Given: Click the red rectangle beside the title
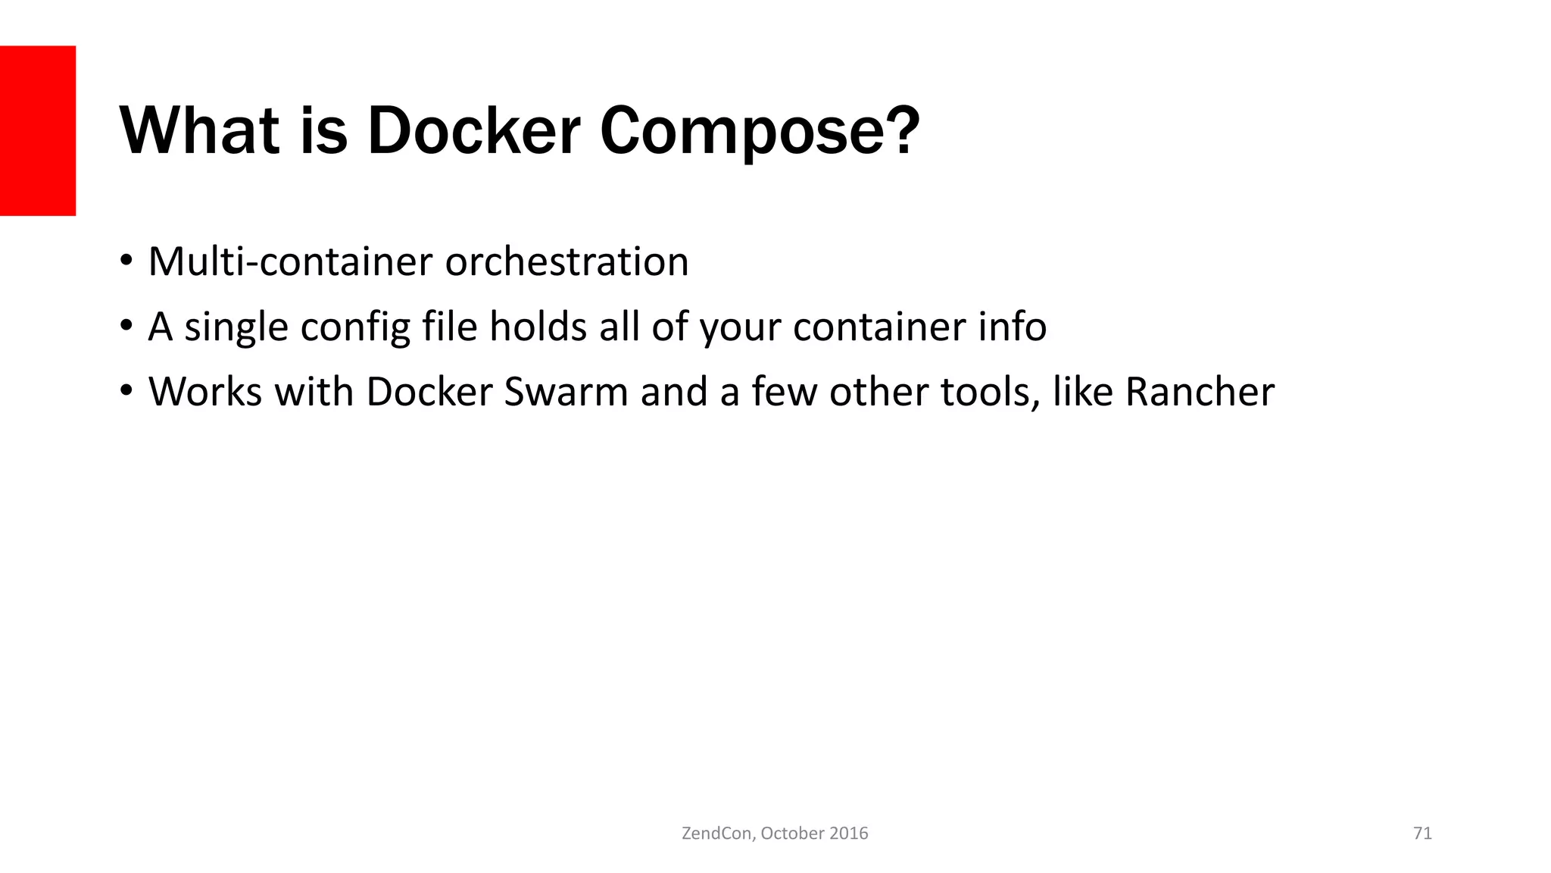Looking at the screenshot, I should coord(38,130).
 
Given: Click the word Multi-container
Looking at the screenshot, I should coord(290,261).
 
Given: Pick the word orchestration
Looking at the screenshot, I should coord(566,261).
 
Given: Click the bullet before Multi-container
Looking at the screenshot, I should coord(126,261).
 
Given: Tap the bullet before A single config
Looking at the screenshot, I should coord(126,327).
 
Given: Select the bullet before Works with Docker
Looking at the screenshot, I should coord(126,392).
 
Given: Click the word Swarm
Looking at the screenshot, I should coord(566,392).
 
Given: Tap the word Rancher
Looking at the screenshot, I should coord(1200,392).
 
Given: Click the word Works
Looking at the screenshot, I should coord(205,392).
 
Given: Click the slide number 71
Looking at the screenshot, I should coord(1422,834).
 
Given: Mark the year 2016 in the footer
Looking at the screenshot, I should coord(848,834).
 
